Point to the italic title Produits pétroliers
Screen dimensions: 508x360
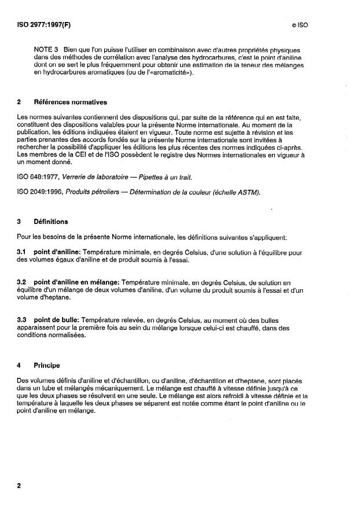[x=96, y=193]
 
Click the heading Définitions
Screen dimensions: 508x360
[x=50, y=222]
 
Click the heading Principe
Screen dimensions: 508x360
[x=47, y=366]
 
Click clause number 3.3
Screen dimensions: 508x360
[x=21, y=319]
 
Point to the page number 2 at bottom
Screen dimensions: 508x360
[x=19, y=485]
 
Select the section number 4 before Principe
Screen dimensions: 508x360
[x=19, y=366]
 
